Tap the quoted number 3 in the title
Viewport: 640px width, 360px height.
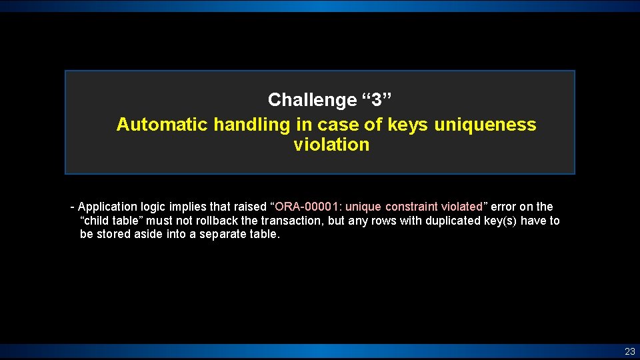[377, 100]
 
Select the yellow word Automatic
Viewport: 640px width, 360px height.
[163, 125]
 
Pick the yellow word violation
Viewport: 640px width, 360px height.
[331, 145]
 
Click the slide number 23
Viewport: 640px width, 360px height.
[629, 351]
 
